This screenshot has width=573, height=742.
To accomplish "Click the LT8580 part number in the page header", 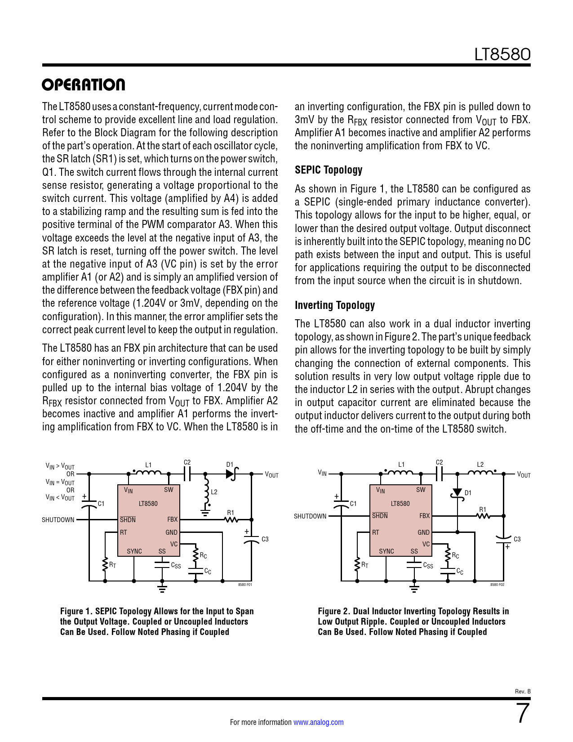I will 502,54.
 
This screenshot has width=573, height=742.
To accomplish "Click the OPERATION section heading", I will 84,85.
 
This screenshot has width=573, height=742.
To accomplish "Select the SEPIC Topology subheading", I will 329,170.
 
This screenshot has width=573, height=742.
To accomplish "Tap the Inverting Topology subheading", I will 335,305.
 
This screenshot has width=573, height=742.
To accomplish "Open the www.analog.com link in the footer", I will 318,722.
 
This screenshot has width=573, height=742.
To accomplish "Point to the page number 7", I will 523,714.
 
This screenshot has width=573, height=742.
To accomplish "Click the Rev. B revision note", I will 523,691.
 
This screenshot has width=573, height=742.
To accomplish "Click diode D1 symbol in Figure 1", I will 231,474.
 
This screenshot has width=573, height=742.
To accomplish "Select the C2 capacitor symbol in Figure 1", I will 187,473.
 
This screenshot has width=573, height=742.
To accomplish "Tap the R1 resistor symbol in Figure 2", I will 483,516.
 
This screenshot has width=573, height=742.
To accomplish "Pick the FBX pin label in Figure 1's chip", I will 173,519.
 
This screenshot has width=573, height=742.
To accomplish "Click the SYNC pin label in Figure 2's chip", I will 386,551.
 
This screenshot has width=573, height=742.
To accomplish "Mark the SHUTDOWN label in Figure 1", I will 58,520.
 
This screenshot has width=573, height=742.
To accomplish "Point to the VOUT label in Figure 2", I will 524,475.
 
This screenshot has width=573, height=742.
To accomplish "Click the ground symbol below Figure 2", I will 414,588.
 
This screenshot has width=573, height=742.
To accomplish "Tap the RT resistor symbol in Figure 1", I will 105,564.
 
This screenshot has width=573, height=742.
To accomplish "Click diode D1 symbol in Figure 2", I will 458,493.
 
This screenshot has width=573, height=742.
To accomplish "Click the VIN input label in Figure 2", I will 322,473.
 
